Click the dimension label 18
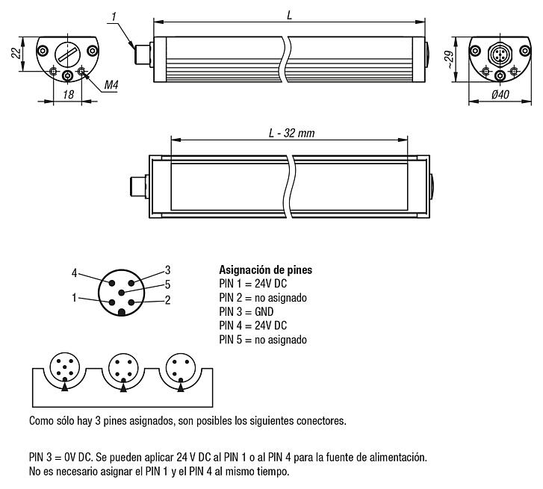pyautogui.click(x=67, y=96)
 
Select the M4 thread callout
pyautogui.click(x=111, y=85)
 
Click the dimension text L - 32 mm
pyautogui.click(x=291, y=133)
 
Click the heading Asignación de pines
pyautogui.click(x=265, y=270)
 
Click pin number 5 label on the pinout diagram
pyautogui.click(x=167, y=284)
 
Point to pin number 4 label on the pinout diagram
pyautogui.click(x=74, y=272)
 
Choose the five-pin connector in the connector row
pyautogui.click(x=63, y=369)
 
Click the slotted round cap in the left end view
pyautogui.click(x=68, y=53)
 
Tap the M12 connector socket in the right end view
pyautogui.click(x=499, y=54)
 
